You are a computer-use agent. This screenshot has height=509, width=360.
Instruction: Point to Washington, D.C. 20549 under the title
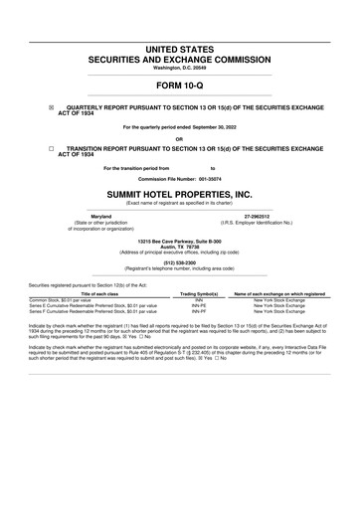[180, 67]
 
